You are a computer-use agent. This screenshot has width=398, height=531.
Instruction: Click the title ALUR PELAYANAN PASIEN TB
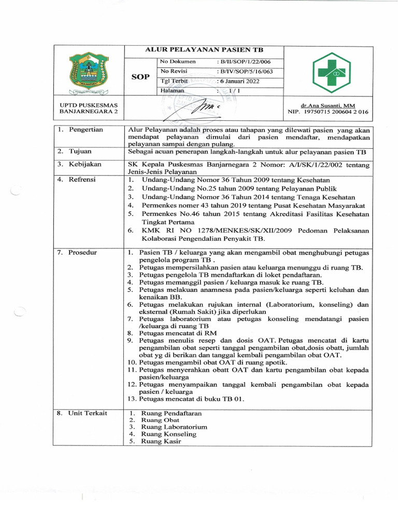tap(204, 50)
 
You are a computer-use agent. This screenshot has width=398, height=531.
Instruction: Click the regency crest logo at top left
tap(89, 73)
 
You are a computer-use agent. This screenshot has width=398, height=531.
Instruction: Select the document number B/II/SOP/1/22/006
tap(242, 62)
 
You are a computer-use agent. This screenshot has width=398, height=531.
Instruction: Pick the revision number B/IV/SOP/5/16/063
tap(244, 72)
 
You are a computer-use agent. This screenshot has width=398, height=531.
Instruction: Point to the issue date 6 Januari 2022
tap(238, 81)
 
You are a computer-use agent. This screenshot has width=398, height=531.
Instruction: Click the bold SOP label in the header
tap(140, 76)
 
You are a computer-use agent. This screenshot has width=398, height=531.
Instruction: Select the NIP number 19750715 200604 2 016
tap(329, 111)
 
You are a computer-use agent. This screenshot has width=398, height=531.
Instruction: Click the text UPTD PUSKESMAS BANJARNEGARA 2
tap(89, 108)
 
